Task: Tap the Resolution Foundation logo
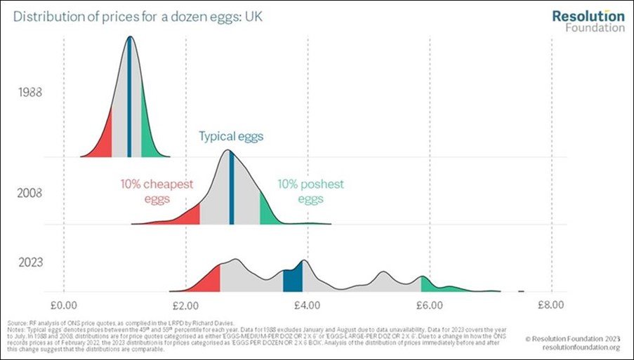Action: (x=588, y=21)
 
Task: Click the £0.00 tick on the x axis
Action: (x=64, y=305)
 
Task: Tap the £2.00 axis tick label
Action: (x=185, y=305)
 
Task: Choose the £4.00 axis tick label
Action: (x=308, y=305)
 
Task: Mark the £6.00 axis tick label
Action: (x=429, y=305)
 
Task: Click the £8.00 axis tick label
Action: (x=550, y=305)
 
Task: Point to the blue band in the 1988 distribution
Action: (x=129, y=105)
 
